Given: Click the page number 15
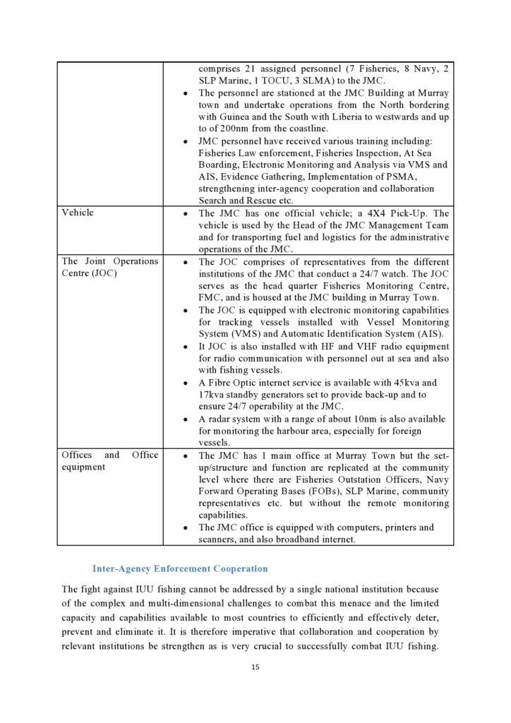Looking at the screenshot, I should (255, 667).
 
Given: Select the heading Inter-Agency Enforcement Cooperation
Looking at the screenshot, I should (180, 568).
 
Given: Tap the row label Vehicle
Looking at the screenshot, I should (78, 213).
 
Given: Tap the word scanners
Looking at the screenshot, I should (218, 539).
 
